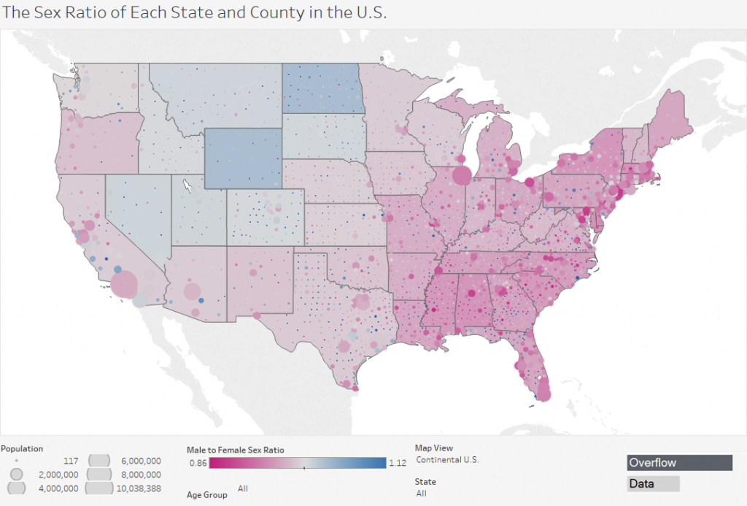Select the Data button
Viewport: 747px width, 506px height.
pos(653,483)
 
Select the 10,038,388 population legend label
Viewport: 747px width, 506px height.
pos(138,488)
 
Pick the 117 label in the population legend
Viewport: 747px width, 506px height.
pos(71,461)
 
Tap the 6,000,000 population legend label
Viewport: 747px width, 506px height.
pos(138,461)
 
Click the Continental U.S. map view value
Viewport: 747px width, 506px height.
pos(446,460)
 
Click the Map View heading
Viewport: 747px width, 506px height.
pos(433,448)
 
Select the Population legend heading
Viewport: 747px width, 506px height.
pos(23,448)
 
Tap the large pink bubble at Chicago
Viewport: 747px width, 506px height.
pos(462,175)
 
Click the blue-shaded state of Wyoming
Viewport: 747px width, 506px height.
pos(242,158)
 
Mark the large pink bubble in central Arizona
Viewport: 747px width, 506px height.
pos(192,292)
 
